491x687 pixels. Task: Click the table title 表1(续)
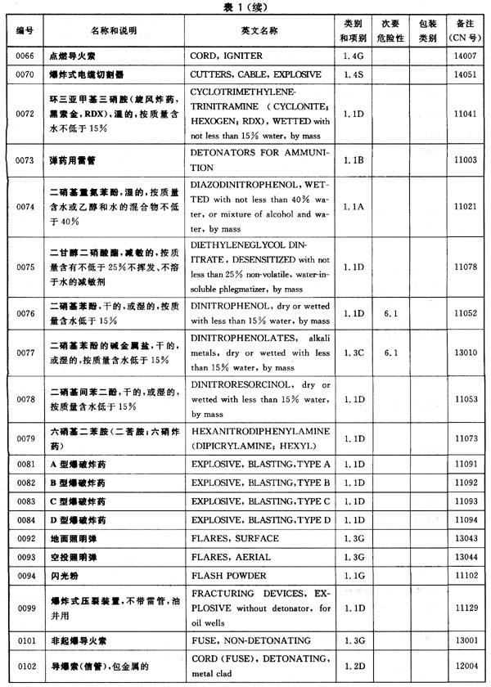pos(245,7)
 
